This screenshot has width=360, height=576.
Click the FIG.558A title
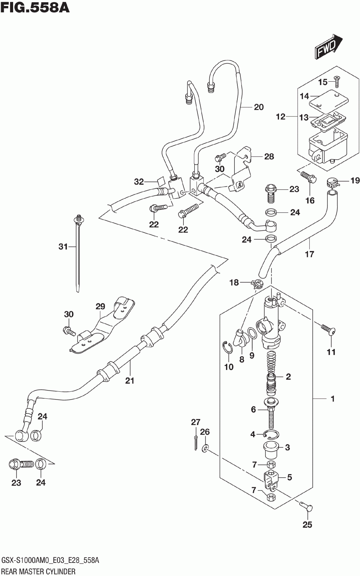(35, 8)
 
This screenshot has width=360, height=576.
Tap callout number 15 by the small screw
(323, 82)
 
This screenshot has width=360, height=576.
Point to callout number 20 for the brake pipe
(259, 107)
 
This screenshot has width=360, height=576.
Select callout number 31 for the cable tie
(63, 247)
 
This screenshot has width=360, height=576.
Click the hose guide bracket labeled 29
(103, 325)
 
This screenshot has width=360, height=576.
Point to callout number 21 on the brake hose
(130, 381)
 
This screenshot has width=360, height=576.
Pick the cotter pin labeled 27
(196, 442)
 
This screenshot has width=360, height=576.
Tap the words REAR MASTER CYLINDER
(38, 572)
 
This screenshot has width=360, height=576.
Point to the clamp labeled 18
(257, 284)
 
